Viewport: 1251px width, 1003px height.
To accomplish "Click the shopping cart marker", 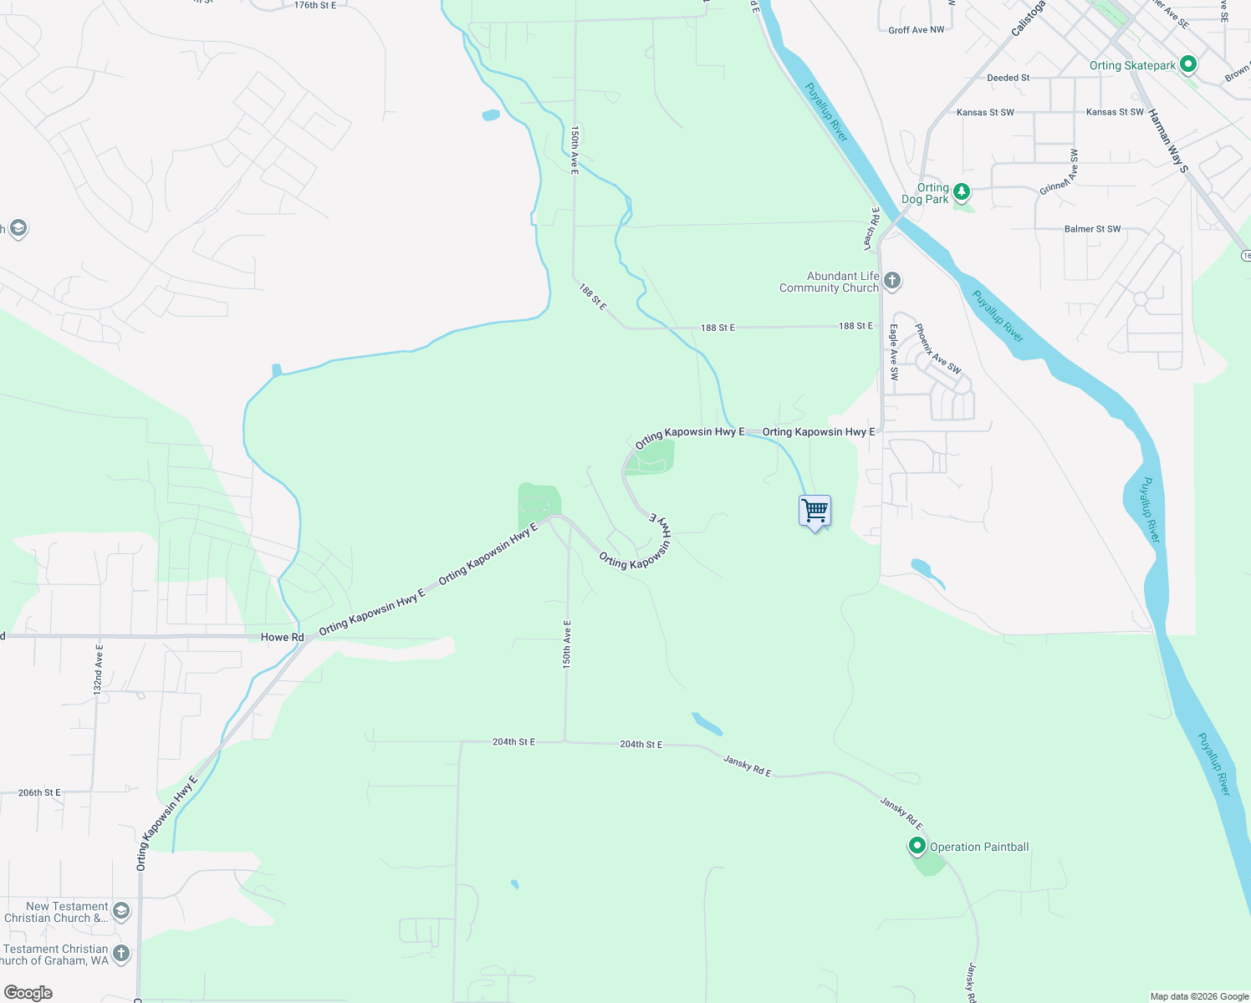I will tap(814, 511).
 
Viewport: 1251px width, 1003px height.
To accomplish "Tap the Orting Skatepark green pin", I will tap(1188, 64).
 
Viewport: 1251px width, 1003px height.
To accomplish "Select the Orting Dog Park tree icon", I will tap(962, 192).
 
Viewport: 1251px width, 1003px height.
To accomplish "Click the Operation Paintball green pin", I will tap(917, 846).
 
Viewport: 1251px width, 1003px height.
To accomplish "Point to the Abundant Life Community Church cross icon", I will tap(892, 280).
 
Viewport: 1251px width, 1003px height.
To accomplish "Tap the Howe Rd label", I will tap(282, 637).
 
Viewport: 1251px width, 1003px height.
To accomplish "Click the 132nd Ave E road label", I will tap(98, 670).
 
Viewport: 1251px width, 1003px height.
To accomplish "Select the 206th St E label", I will tap(39, 792).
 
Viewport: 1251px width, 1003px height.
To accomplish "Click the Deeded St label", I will tap(1008, 78).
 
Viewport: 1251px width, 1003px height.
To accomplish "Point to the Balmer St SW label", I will tap(1092, 229).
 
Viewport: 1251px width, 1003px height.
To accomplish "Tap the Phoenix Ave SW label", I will tap(937, 349).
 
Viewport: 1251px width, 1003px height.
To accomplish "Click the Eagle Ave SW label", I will tap(894, 353).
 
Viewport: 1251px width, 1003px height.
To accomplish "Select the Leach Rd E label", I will tap(871, 228).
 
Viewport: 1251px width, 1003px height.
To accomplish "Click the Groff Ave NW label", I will tap(916, 30).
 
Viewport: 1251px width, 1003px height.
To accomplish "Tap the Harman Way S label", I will tap(1167, 140).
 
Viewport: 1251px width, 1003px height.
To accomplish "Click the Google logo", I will tap(28, 993).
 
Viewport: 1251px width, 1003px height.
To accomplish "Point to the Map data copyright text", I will tap(1199, 996).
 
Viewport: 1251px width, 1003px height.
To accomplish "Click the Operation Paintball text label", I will tap(979, 847).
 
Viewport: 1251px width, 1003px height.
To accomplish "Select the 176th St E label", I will tap(315, 5).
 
